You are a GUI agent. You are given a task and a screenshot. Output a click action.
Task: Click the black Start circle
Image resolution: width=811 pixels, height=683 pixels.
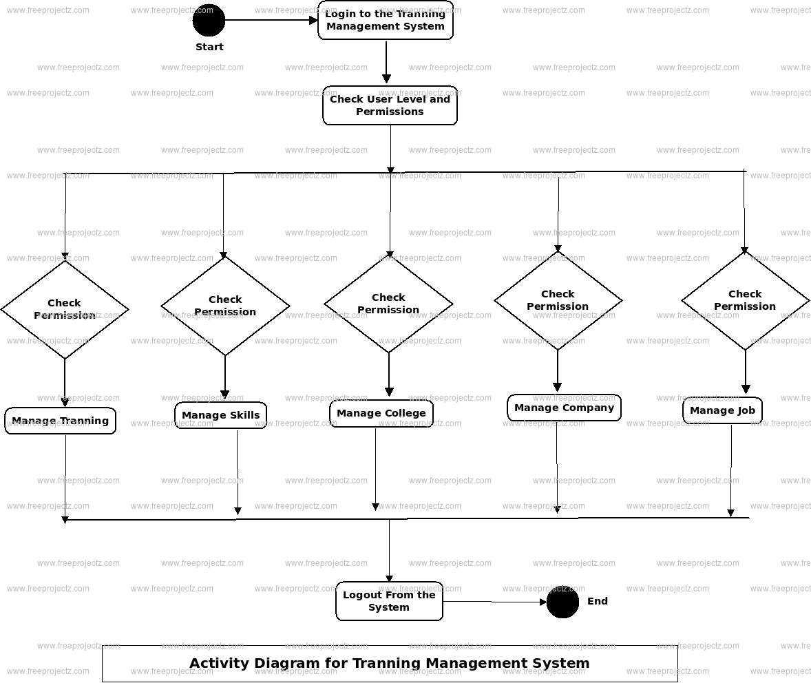tap(209, 21)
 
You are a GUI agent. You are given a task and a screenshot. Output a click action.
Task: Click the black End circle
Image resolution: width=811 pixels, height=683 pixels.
tap(562, 602)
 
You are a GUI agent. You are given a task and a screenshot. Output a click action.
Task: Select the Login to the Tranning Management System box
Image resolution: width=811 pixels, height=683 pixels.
tap(386, 21)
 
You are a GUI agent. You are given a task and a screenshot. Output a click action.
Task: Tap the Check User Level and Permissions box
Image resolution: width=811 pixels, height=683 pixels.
tap(390, 105)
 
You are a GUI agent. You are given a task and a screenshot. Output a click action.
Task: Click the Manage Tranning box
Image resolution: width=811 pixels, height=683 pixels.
tap(60, 421)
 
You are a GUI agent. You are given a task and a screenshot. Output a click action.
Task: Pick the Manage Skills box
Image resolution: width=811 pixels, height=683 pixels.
tap(220, 415)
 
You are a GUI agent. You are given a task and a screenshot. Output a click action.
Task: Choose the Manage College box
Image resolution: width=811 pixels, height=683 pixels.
tap(381, 413)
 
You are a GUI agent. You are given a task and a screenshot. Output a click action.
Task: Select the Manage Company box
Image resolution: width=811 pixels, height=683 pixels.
tap(564, 408)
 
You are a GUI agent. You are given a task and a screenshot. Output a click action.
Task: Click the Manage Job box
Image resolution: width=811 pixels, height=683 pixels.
tap(722, 410)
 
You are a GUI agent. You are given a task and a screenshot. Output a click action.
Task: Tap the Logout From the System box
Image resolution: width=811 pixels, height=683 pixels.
tap(389, 601)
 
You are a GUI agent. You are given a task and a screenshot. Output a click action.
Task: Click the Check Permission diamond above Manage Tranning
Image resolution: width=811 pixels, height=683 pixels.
tap(65, 309)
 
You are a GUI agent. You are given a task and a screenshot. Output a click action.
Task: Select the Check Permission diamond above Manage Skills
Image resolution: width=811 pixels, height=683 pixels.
tap(225, 306)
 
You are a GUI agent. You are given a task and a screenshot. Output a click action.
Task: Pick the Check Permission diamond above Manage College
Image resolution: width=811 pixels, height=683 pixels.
tap(388, 304)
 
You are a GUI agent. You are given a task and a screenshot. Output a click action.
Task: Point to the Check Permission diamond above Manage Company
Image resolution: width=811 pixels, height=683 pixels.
tap(558, 300)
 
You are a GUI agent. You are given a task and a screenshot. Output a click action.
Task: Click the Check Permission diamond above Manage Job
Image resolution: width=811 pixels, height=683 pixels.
tap(745, 300)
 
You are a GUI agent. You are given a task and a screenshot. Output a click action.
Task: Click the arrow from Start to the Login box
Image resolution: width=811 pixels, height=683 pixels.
tap(271, 21)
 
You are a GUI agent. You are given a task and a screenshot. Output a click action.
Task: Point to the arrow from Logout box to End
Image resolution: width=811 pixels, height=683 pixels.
tap(494, 602)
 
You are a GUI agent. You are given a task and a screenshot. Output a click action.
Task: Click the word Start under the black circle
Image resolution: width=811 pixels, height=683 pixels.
tap(209, 47)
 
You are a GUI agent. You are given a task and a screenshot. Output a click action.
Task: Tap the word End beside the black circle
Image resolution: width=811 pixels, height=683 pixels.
tap(597, 601)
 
